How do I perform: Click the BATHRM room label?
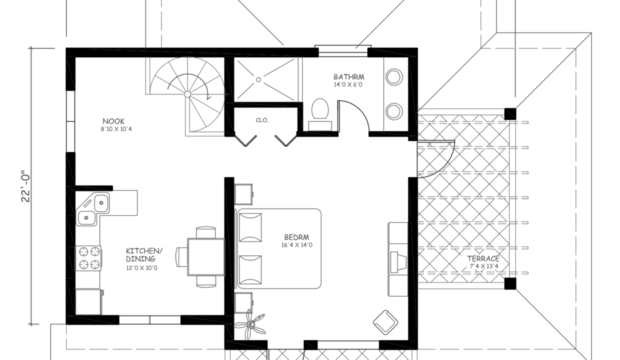pos(349,77)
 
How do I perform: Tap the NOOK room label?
pos(113,121)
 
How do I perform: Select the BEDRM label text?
pos(296,237)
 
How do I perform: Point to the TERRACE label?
pos(483,258)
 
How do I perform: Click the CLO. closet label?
pos(262,120)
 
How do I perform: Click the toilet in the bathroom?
pos(320,114)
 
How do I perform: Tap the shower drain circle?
pos(258,79)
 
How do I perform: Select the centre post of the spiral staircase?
pos(187,94)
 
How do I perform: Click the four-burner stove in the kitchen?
pos(88,258)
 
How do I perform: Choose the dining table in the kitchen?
pos(206,257)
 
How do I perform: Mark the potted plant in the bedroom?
pos(250,324)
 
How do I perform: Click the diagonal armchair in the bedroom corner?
pos(385,322)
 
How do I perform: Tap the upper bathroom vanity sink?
pos(394,77)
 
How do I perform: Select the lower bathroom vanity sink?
pos(394,111)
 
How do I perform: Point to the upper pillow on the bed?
pos(250,227)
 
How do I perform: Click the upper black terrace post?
pos(510,113)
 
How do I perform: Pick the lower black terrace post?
pos(510,283)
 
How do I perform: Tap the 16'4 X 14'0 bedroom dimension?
pos(296,245)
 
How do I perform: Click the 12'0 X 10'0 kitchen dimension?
pos(141,268)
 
